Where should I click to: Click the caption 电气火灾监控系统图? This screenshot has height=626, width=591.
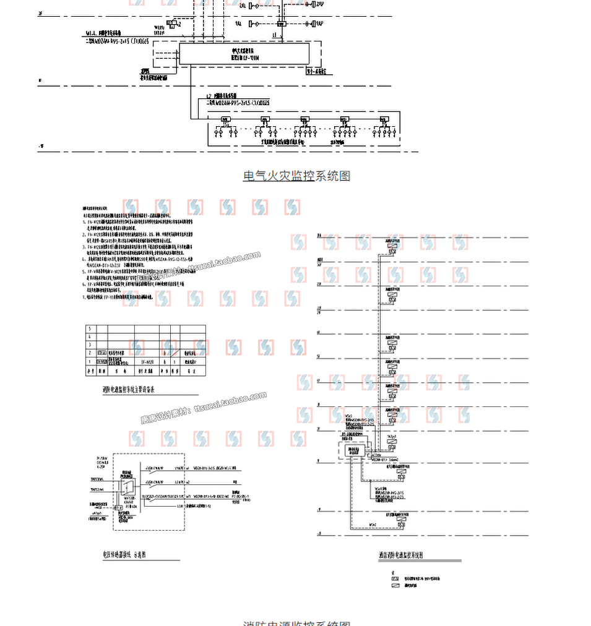(x=296, y=176)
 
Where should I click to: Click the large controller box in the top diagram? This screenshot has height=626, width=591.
(x=244, y=54)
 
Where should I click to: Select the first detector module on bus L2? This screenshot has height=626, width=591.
(x=225, y=119)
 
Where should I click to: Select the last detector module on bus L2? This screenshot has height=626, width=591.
(x=384, y=119)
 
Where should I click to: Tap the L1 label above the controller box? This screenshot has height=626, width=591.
(x=274, y=36)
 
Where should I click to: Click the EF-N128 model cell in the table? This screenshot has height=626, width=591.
(x=147, y=361)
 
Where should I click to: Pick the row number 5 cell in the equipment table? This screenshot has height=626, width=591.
(x=90, y=328)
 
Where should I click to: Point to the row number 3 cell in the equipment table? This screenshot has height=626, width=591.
(x=90, y=345)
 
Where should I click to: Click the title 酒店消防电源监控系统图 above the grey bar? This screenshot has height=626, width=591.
(x=401, y=555)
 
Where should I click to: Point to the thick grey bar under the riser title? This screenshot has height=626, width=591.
(x=420, y=561)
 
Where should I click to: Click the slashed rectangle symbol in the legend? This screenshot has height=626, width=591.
(x=394, y=584)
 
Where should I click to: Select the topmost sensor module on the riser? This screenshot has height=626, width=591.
(x=392, y=247)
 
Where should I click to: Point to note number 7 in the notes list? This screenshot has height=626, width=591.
(x=85, y=296)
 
